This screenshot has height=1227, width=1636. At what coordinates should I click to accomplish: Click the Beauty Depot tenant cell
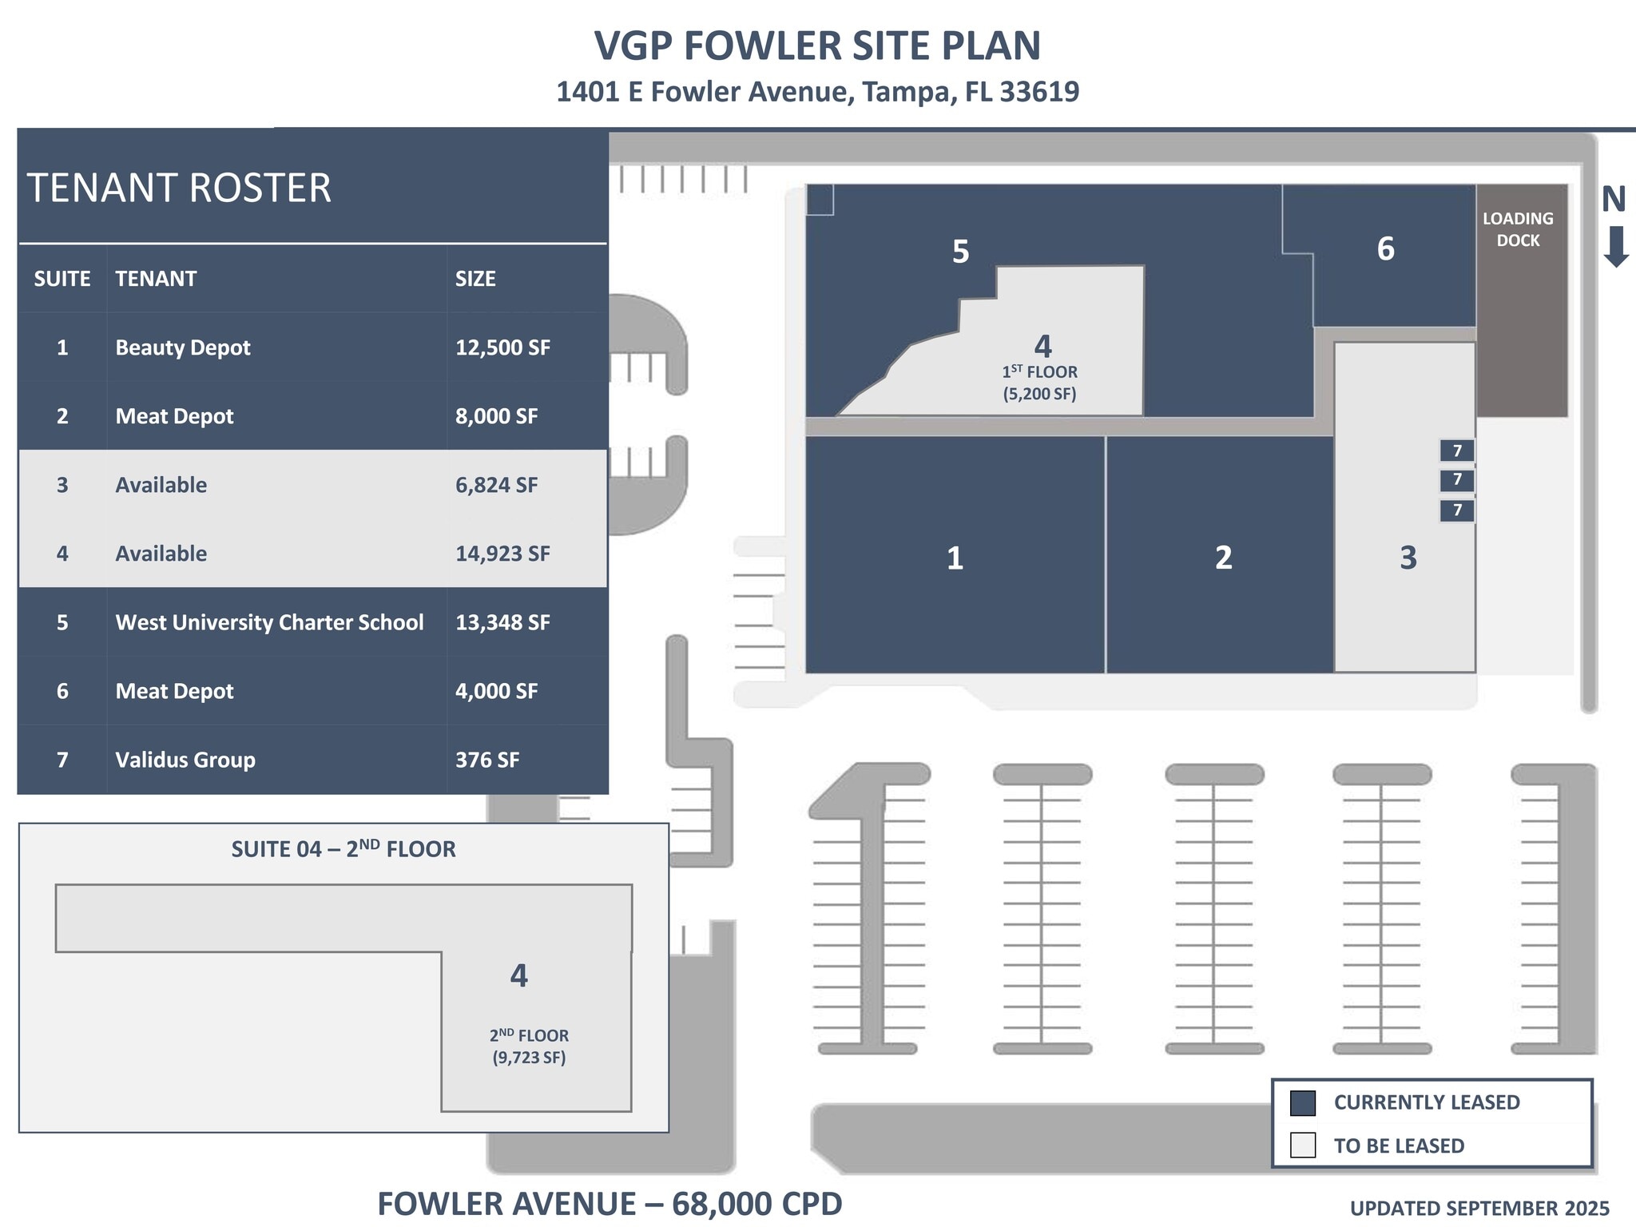(x=183, y=347)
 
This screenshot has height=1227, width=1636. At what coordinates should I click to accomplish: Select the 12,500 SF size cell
(x=502, y=347)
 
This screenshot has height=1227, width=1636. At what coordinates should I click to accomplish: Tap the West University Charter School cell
(x=269, y=622)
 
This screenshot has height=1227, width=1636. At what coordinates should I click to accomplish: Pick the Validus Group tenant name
(x=185, y=760)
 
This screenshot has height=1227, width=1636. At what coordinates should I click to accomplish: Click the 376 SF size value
(x=487, y=760)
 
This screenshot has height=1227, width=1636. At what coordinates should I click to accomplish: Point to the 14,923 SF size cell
(x=502, y=554)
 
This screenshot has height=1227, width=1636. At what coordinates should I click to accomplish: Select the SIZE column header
(x=475, y=279)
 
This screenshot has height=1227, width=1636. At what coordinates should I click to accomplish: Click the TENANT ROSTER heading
(x=179, y=189)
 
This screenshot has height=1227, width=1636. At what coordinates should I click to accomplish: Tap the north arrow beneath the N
(x=1616, y=247)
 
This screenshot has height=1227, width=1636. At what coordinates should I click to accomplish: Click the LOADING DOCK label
(x=1518, y=229)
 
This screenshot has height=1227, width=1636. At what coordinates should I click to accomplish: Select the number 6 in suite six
(x=1385, y=249)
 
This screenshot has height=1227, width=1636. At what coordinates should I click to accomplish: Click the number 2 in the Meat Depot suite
(x=1223, y=558)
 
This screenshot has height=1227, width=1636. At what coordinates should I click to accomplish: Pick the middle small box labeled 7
(x=1457, y=479)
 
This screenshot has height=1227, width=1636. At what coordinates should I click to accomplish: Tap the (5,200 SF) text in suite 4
(x=1039, y=394)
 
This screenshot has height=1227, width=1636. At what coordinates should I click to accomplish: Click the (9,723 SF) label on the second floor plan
(x=529, y=1058)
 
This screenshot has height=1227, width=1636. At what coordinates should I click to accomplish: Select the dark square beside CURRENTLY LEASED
(x=1302, y=1102)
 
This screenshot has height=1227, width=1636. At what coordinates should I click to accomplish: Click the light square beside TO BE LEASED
(x=1302, y=1145)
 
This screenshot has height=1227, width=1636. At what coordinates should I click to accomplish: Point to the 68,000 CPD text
(x=756, y=1204)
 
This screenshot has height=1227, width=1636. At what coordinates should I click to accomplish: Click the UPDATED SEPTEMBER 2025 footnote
(x=1479, y=1209)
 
